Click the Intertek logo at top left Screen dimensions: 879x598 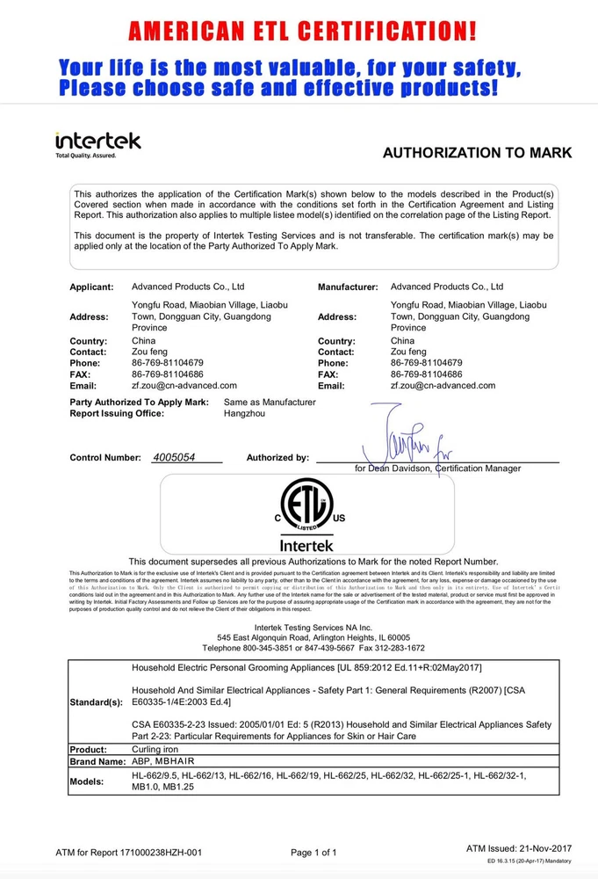[97, 144]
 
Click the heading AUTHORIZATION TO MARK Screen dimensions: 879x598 [477, 153]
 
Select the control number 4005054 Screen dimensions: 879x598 [174, 457]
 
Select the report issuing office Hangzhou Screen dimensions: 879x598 [245, 413]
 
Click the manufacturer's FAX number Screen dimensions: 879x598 [429, 374]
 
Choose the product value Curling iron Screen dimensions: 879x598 [155, 749]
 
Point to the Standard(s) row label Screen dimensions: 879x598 [97, 704]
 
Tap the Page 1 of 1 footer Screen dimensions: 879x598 [313, 853]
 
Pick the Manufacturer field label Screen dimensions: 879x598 [348, 287]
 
